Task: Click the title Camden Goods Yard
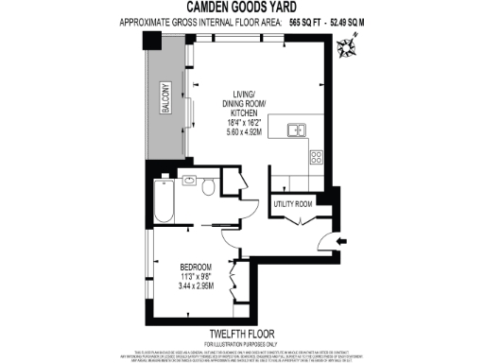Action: coord(243,8)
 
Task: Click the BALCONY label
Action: coord(163,96)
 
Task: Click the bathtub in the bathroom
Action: coord(164,202)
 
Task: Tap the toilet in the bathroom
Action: coord(207,187)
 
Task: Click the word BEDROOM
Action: coord(196,267)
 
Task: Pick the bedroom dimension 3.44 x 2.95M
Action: coord(197,285)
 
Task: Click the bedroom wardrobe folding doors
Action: coord(235,284)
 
